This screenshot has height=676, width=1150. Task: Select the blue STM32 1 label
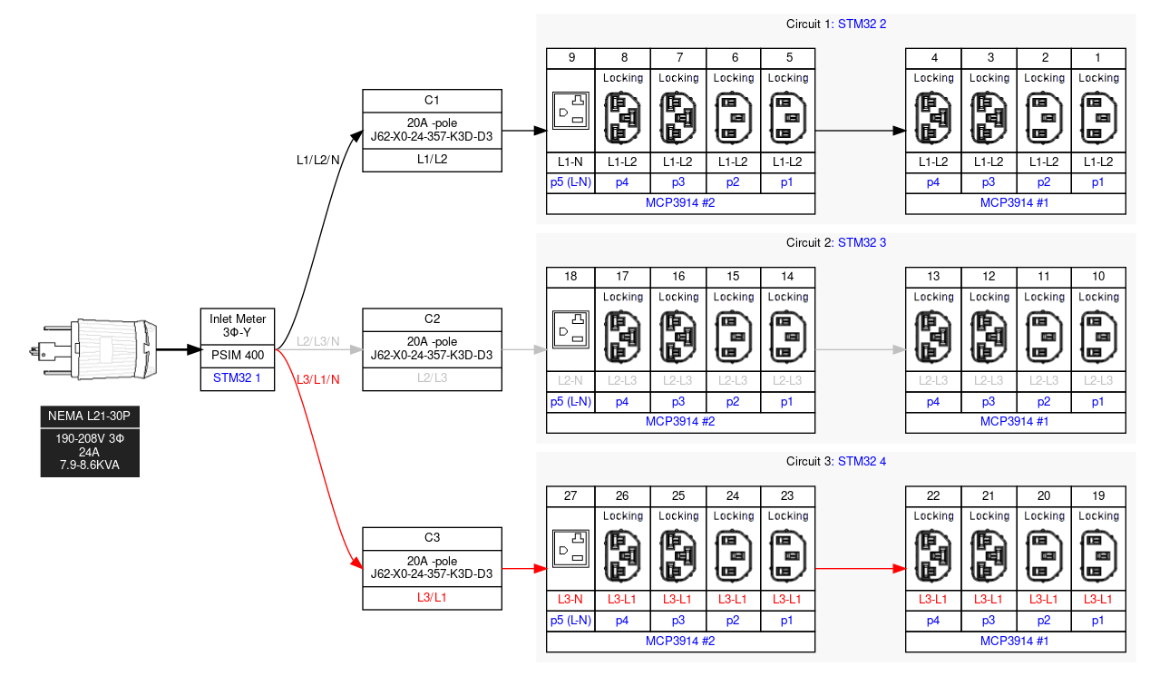point(237,377)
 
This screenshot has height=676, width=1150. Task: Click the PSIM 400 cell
point(237,355)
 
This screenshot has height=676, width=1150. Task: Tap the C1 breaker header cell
point(432,100)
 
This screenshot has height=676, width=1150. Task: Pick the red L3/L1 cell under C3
point(432,597)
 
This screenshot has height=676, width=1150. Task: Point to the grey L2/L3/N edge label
point(317,341)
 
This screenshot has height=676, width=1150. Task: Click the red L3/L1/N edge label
point(317,378)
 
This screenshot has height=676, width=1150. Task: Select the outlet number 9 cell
point(571,58)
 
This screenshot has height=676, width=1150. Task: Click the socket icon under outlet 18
point(571,330)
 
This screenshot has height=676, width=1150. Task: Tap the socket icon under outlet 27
point(571,549)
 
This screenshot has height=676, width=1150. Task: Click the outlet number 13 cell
point(933,277)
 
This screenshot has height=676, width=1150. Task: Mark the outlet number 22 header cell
point(933,495)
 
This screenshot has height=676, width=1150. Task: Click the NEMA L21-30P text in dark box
point(89,416)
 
